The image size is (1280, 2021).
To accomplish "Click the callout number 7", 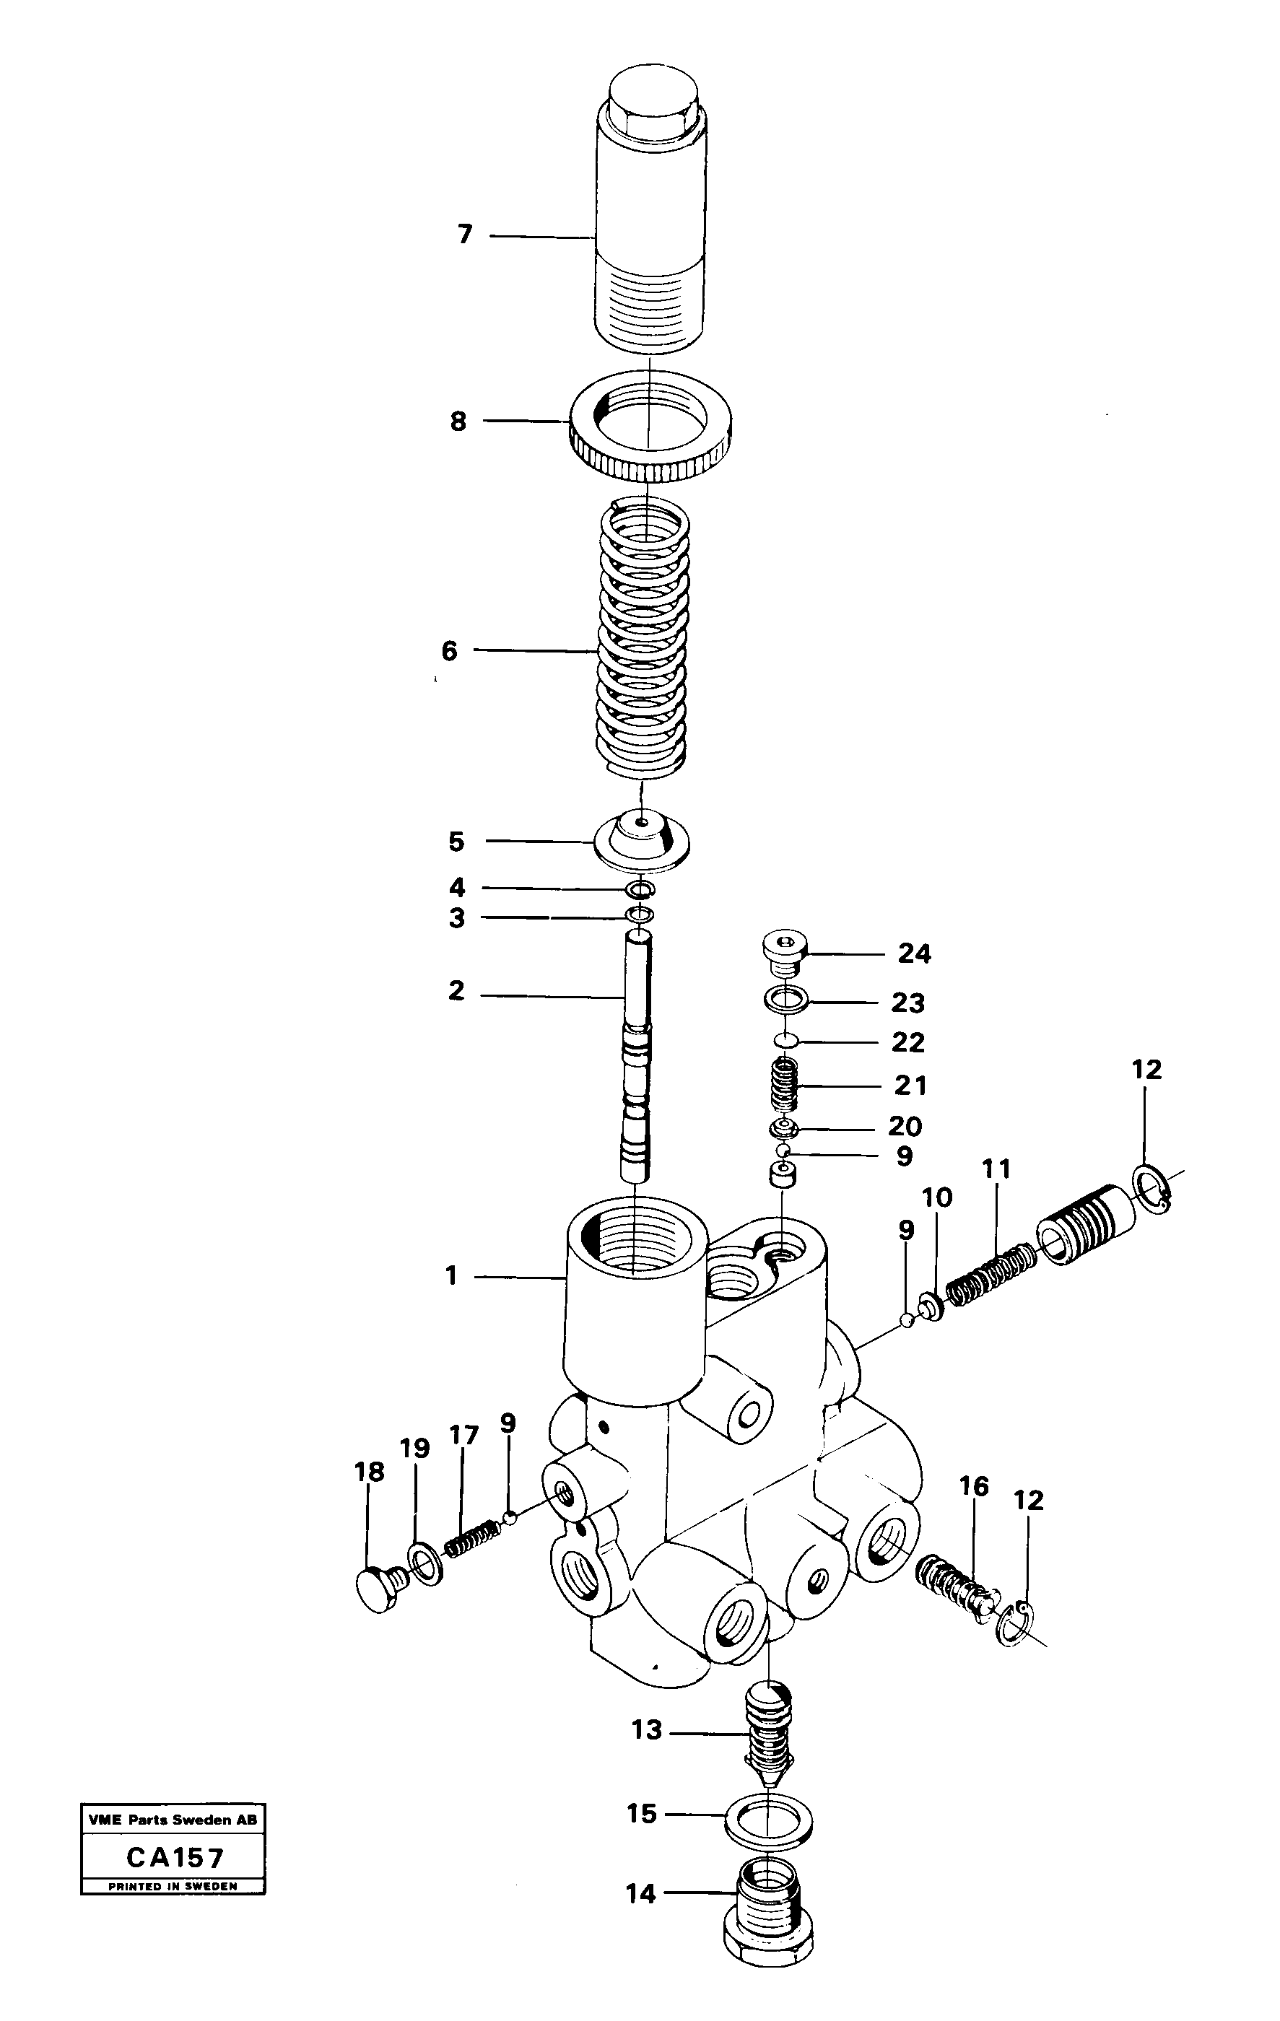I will (465, 234).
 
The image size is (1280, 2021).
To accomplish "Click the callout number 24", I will (914, 953).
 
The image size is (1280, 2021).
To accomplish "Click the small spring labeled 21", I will (784, 1085).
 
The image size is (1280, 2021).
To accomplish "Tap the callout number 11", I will (996, 1169).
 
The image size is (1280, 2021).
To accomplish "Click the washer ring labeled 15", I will (769, 1822).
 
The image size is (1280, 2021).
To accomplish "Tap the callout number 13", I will (646, 1731).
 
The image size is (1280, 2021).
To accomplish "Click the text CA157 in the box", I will (175, 1857).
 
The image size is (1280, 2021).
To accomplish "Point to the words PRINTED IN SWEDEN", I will (173, 1885).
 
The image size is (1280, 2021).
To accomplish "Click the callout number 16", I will (974, 1486).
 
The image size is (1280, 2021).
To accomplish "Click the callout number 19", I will (414, 1448).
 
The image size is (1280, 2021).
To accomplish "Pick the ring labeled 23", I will (786, 1000).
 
